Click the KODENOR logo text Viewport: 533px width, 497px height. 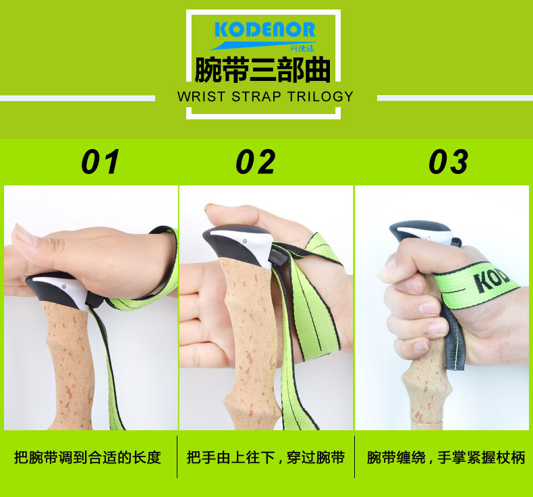264,31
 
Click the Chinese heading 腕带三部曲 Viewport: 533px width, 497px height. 263,70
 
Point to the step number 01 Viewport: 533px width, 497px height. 101,162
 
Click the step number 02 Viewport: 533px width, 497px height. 256,162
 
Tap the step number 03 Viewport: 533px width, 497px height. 449,162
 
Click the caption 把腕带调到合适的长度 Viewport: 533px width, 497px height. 88,458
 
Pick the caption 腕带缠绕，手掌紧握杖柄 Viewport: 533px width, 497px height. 445,458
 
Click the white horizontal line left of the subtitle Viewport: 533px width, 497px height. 78,98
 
